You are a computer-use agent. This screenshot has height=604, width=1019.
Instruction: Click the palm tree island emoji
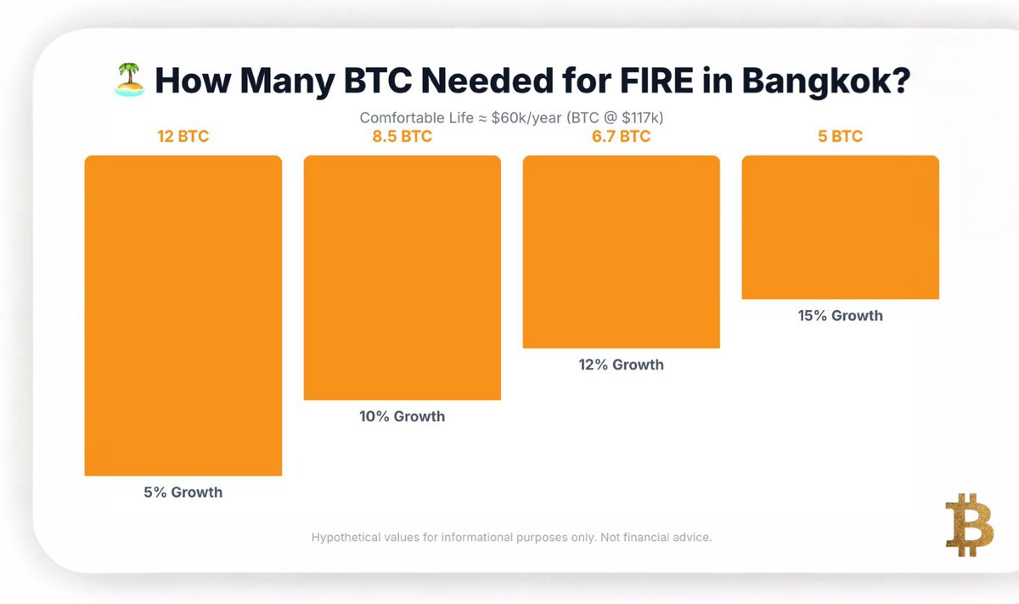[130, 82]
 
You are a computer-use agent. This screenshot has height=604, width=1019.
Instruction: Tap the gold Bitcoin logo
[969, 524]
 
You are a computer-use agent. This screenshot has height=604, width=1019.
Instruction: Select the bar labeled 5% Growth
[183, 315]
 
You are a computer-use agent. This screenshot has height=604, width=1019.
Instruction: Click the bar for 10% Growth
[402, 278]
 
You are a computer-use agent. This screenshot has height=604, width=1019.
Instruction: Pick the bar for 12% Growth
[621, 252]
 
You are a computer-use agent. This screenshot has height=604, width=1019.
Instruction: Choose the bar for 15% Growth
[840, 228]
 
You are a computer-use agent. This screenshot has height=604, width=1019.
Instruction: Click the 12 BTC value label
[183, 137]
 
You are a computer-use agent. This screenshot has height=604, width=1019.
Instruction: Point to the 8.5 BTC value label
[402, 137]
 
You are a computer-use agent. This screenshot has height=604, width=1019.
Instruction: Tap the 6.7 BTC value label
[621, 137]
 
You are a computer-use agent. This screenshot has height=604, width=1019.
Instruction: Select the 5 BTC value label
[840, 137]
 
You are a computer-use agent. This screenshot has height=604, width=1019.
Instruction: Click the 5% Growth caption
[183, 492]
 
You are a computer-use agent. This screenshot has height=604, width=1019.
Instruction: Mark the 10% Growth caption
[402, 416]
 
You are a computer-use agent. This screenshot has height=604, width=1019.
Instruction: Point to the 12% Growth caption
[621, 364]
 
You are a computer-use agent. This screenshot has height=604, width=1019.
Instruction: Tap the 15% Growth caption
[840, 315]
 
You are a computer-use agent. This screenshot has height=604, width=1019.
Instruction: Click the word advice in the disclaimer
[690, 538]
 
